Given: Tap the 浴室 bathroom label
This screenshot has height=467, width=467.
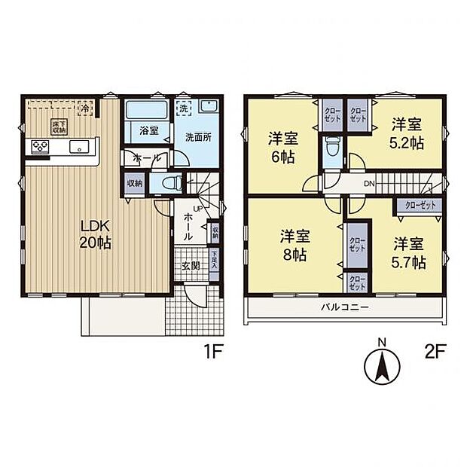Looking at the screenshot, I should point(148,130).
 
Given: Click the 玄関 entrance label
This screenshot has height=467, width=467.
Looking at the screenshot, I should point(190,265).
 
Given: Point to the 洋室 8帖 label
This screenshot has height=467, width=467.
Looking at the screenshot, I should point(294,244).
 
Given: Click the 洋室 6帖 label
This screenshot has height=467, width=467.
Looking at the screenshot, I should point(283,148).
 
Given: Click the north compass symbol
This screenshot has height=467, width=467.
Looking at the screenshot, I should point(382,366).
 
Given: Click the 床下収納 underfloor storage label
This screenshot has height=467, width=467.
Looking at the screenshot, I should point(58,127).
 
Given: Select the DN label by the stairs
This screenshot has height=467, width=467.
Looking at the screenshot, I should point(370,183).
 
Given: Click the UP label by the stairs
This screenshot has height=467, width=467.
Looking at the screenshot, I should point(197,208).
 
